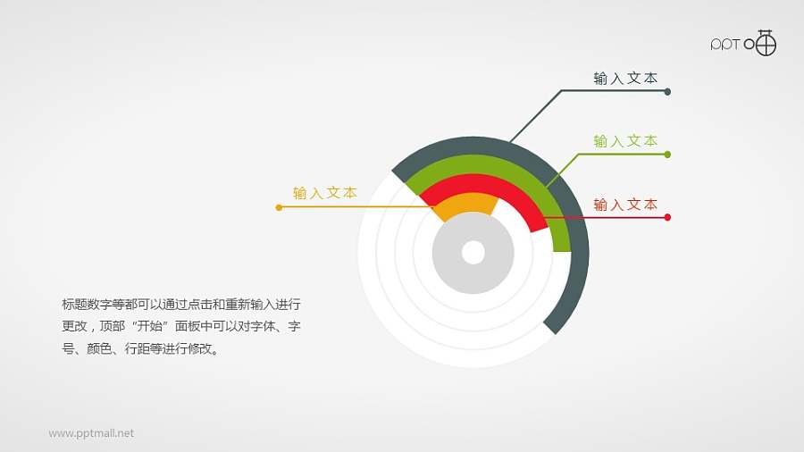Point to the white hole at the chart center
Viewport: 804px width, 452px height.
473,253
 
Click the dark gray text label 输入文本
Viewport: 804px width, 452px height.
625,79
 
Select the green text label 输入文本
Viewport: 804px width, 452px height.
625,141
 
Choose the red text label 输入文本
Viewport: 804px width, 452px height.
625,205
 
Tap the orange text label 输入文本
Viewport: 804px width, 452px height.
325,193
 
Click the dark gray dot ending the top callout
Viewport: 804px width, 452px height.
668,91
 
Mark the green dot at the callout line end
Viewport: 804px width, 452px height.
668,155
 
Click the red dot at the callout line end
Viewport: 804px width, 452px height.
668,217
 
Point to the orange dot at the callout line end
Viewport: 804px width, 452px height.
280,207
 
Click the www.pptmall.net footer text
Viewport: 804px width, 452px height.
91,433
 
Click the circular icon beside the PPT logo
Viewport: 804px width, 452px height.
766,43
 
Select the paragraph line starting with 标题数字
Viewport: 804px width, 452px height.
180,304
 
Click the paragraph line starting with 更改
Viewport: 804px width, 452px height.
180,327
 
